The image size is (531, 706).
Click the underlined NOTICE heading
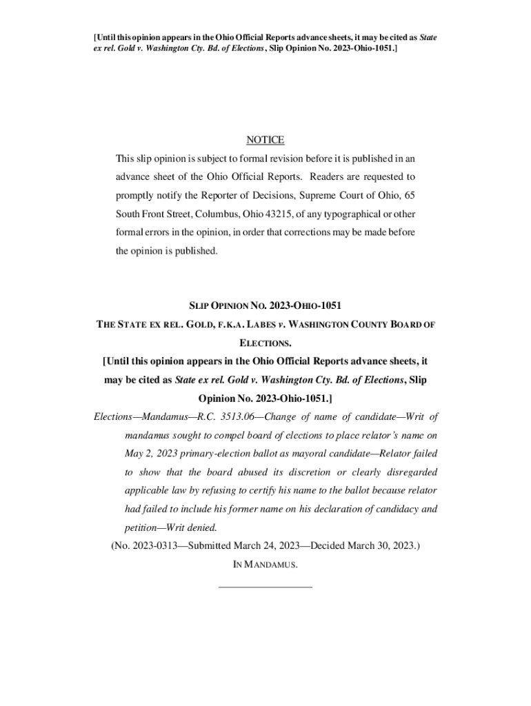[265, 140]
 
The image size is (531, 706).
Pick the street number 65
[409, 195]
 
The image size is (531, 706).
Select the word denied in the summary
[202, 528]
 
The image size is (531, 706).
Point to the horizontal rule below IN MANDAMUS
[265, 587]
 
